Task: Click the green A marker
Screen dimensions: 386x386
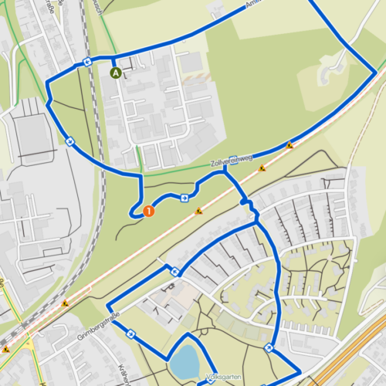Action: point(116,73)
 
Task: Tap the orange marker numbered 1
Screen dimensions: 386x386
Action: point(148,209)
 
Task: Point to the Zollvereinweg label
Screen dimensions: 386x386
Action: point(232,160)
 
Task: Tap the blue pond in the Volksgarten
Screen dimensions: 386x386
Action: point(184,361)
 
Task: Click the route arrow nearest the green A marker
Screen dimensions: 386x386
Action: point(87,62)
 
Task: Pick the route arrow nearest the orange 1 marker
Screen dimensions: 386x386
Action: point(185,198)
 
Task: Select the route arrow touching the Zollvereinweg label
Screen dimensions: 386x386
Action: point(232,161)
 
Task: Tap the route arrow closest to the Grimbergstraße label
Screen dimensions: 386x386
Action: point(131,334)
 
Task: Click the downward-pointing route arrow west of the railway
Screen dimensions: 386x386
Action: point(69,141)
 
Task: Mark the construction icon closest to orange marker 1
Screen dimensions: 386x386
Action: point(199,210)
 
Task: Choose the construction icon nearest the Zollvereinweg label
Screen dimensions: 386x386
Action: point(262,168)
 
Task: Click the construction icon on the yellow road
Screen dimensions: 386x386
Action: point(6,350)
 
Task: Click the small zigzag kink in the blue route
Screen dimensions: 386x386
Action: point(249,204)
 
